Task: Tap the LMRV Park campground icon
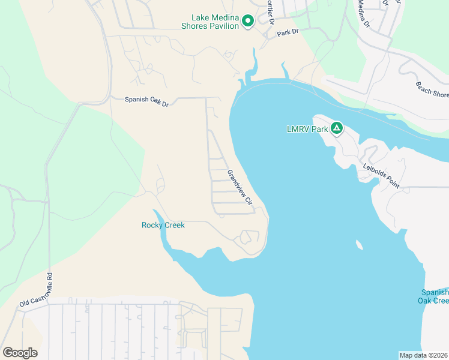pyautogui.click(x=337, y=128)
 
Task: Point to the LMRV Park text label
pyautogui.click(x=307, y=128)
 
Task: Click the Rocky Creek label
pyautogui.click(x=163, y=225)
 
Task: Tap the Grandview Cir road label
pyautogui.click(x=241, y=187)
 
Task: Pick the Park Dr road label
pyautogui.click(x=288, y=32)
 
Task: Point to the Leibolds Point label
pyautogui.click(x=381, y=176)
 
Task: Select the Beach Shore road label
pyautogui.click(x=432, y=90)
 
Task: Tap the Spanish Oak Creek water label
pyautogui.click(x=435, y=296)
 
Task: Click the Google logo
pyautogui.click(x=20, y=352)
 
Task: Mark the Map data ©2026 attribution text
pyautogui.click(x=423, y=355)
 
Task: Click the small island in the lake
pyautogui.click(x=359, y=245)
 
